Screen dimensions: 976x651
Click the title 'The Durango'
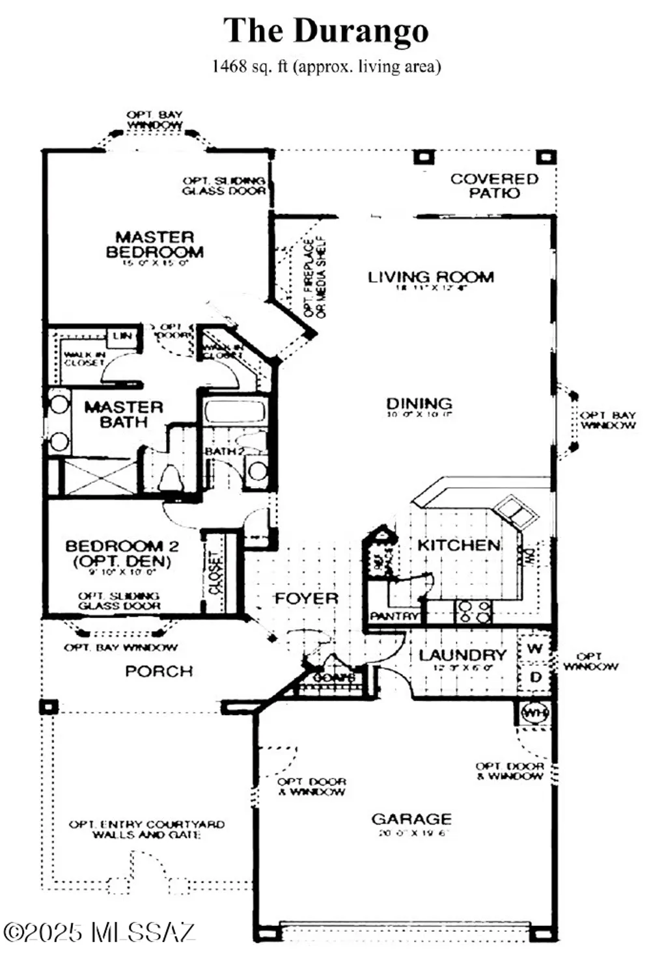point(325,31)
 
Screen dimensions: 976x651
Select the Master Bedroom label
point(155,245)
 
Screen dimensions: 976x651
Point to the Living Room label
point(430,277)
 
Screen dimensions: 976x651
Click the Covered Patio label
point(494,185)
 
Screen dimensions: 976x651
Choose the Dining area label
point(419,403)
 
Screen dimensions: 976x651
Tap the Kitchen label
point(458,545)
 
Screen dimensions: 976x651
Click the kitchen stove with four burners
point(473,612)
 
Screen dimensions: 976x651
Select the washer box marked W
point(535,649)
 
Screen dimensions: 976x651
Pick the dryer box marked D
point(535,677)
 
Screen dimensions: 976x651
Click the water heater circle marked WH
point(535,713)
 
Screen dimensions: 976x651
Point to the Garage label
point(411,819)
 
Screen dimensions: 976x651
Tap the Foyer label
point(306,598)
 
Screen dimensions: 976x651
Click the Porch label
point(159,671)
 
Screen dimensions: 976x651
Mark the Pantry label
point(394,616)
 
